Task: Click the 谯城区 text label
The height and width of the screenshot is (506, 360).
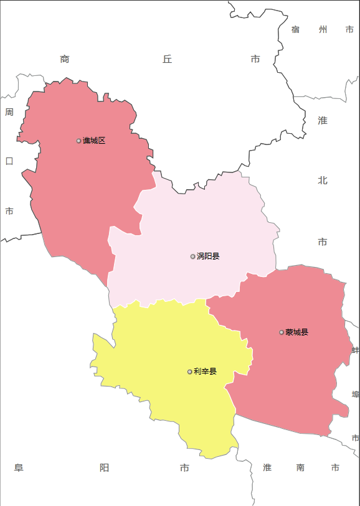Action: pos(94,141)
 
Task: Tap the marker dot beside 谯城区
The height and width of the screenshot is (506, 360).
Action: pos(78,141)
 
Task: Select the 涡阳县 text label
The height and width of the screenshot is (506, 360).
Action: pos(208,256)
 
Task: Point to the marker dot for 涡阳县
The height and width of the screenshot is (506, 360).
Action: pos(193,256)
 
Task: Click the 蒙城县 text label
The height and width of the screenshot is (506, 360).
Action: pos(297,332)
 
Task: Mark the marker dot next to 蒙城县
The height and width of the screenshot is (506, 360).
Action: pos(282,332)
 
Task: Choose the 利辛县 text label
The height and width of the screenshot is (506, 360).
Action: pos(205,372)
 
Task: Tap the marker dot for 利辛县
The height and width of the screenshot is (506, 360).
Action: pos(190,372)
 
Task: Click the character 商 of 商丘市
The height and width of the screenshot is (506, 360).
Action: pos(65,59)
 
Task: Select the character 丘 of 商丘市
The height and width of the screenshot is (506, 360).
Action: pos(167,59)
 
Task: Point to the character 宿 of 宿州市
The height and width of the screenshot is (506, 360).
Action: pos(296,29)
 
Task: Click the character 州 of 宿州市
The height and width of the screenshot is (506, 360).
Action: pos(323,29)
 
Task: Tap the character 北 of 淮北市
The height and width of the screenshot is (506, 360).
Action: pos(323,180)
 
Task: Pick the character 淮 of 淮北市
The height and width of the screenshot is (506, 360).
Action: pos(323,121)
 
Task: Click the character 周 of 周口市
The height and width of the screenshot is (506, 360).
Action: pos(9,112)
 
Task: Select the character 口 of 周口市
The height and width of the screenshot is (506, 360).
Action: pos(9,161)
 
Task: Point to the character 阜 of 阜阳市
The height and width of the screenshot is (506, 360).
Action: pos(19,468)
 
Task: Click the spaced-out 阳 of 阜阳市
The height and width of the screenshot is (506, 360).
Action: pos(104,468)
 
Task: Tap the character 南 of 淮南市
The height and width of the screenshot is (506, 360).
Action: pos(301,468)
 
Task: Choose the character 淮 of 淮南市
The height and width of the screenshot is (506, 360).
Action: pos(267,468)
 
